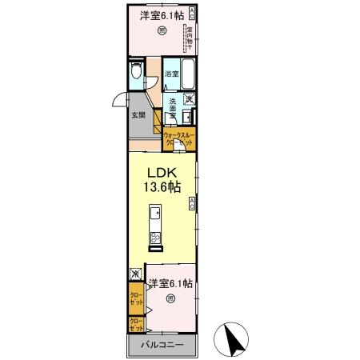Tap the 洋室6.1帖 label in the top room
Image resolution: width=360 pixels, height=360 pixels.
coord(162,16)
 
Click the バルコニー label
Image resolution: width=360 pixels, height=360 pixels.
coord(162,346)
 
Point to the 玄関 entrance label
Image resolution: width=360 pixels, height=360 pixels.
coord(138,114)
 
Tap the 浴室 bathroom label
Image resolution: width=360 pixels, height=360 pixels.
coord(171,74)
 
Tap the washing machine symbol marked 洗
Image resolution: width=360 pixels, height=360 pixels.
coord(190,99)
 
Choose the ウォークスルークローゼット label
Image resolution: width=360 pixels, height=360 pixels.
coord(178,138)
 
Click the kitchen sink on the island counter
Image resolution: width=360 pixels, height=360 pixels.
coord(155,214)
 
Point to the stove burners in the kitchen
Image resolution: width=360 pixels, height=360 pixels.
coord(155,238)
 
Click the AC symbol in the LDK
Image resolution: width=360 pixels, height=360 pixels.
coord(192,205)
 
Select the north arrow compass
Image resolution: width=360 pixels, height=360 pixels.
coord(235,339)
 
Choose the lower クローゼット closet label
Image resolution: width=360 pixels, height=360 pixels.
coord(136,325)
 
